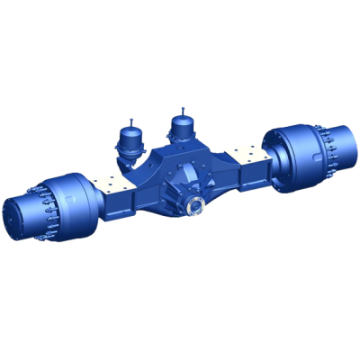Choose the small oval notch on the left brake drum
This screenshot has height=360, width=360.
tap(77, 226)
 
